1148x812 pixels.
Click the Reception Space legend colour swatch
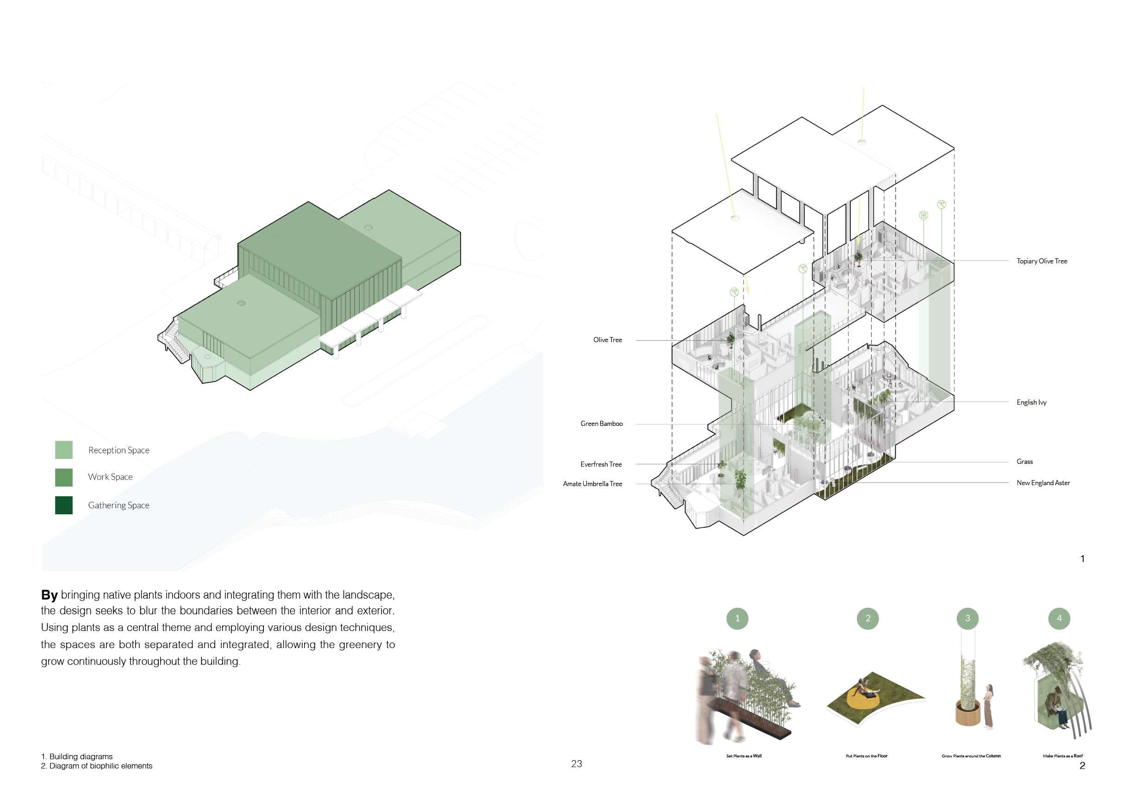point(63,450)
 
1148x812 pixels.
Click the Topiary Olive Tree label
point(1042,261)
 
